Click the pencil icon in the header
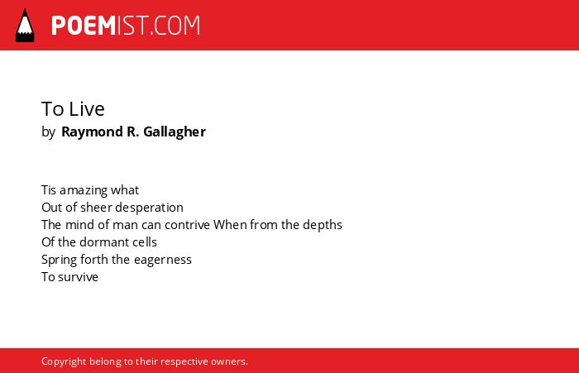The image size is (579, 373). tap(25, 25)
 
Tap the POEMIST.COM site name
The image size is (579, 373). tap(126, 26)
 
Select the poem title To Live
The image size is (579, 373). tap(73, 109)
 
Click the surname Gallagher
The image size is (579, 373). tap(175, 132)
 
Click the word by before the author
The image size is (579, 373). tap(48, 132)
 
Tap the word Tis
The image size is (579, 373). tap(49, 190)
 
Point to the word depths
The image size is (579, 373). tap(323, 225)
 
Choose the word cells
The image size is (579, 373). tap(145, 242)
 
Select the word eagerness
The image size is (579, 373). tap(163, 261)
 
